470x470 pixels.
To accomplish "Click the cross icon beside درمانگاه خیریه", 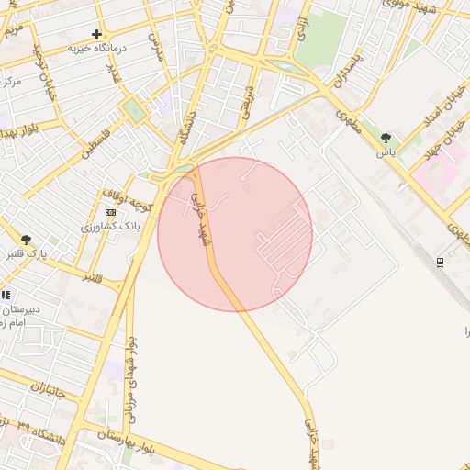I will click(97, 34).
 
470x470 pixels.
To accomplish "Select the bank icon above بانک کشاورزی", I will click(111, 212).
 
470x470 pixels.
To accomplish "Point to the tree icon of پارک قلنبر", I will click(26, 240).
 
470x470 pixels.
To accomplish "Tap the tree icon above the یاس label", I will click(386, 138).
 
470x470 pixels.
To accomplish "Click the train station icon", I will click(441, 263).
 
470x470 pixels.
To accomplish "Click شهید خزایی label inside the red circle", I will click(199, 220).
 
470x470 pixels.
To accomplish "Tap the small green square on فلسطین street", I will click(135, 110).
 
